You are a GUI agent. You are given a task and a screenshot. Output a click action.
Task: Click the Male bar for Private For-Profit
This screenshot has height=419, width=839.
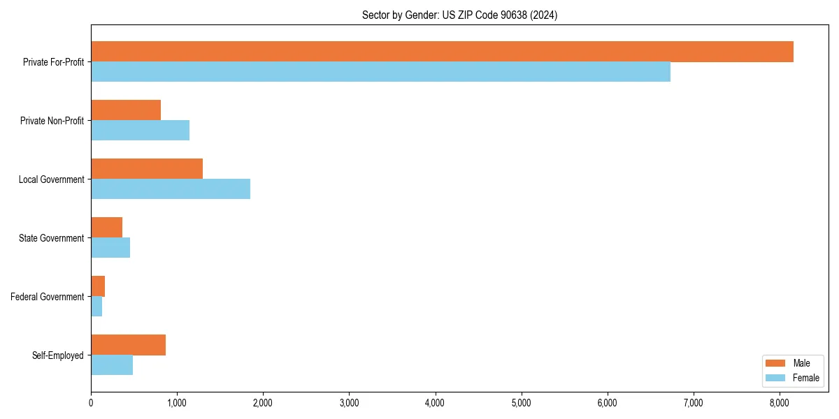[x=442, y=52]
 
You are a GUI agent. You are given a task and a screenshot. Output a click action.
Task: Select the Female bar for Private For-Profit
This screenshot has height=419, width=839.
[x=380, y=71]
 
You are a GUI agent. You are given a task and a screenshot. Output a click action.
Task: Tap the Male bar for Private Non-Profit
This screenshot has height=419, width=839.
[x=126, y=110]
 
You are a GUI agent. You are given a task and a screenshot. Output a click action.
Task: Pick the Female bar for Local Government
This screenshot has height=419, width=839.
[x=171, y=189]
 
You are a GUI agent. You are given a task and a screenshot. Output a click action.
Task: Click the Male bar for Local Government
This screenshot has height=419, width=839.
[x=147, y=169]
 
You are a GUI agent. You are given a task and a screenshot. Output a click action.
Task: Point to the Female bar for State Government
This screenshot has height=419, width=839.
[x=110, y=247]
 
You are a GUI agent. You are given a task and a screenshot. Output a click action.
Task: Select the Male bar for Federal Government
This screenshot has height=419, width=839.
[x=98, y=286]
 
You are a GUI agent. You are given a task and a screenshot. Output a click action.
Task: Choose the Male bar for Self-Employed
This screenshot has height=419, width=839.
[x=128, y=345]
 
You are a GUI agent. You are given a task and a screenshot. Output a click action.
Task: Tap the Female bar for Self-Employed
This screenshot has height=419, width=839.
[x=112, y=365]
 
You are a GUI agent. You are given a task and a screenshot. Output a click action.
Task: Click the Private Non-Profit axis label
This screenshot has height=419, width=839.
[x=52, y=121]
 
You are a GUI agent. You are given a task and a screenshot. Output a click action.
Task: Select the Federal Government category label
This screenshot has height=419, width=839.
[x=47, y=297]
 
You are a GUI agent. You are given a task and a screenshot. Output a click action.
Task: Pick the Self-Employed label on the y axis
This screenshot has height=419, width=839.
[x=57, y=355]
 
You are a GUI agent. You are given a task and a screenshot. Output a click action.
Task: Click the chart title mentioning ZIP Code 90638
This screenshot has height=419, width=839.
[x=459, y=15]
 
